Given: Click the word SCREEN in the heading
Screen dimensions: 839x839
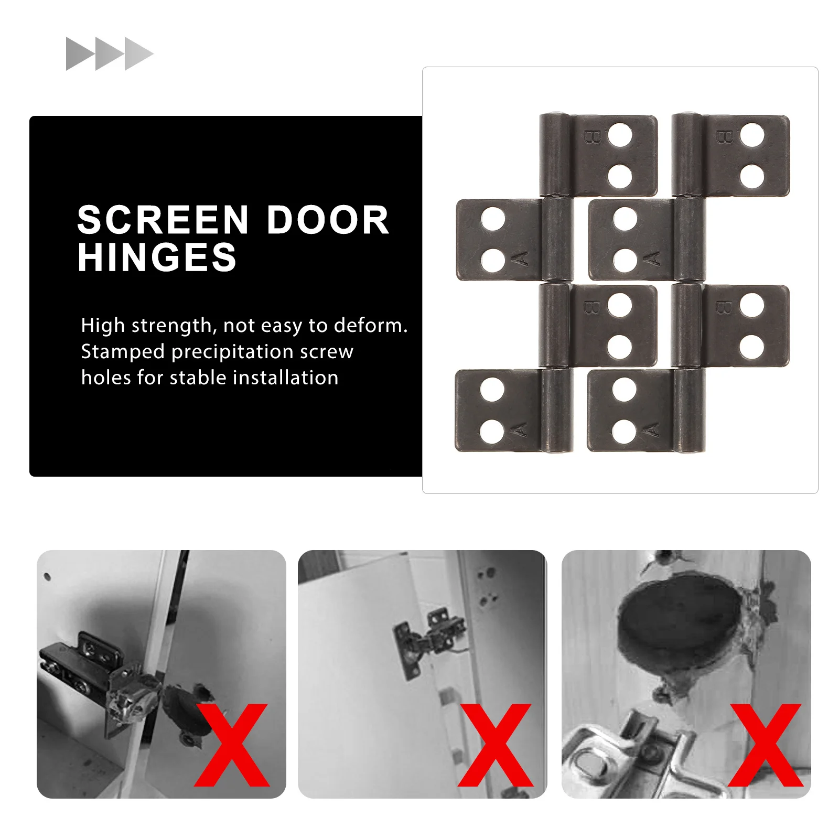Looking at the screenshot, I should (x=163, y=220).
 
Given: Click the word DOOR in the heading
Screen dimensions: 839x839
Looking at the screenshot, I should (x=328, y=220).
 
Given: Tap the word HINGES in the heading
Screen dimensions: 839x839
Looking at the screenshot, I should (x=157, y=257).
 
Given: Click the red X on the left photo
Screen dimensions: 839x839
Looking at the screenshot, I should (x=231, y=745).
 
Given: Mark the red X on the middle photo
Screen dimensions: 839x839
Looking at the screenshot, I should (x=495, y=745).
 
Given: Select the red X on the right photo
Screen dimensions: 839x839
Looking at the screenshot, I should (x=765, y=745).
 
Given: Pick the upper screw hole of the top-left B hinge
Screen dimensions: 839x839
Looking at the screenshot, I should (x=620, y=135).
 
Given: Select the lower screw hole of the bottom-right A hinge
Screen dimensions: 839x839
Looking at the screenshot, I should (x=624, y=431).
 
